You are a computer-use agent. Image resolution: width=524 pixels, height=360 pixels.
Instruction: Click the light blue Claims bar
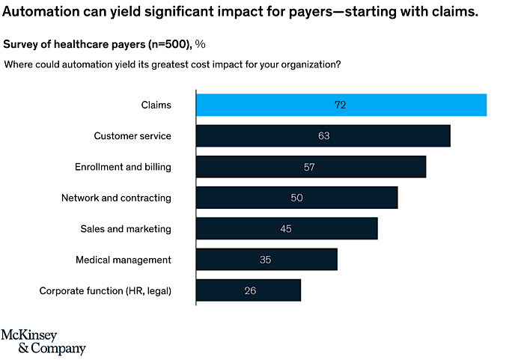(341, 105)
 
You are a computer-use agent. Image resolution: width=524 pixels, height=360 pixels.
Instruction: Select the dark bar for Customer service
(323, 136)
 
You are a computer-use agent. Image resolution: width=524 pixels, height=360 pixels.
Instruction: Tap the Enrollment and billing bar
(311, 167)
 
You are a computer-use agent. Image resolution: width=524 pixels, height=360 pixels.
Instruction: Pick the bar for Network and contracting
(296, 198)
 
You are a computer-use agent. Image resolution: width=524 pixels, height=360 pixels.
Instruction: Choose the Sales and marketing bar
(287, 228)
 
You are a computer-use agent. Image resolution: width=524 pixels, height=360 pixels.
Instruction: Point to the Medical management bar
(266, 260)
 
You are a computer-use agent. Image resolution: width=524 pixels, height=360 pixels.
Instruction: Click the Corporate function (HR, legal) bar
(249, 290)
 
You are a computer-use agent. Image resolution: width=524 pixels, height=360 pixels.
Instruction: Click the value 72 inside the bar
(341, 105)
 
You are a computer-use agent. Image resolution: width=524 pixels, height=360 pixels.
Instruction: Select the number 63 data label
(323, 136)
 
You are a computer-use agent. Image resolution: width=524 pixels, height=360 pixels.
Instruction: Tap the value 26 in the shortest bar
(250, 290)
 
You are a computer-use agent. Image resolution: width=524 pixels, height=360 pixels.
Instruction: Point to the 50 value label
(296, 198)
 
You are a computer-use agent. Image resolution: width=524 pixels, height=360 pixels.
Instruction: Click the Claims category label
(156, 105)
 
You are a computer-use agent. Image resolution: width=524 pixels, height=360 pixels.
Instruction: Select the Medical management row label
(124, 260)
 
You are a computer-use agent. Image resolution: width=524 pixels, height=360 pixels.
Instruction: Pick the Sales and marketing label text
(126, 228)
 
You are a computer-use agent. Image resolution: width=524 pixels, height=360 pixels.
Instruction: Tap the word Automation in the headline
(45, 13)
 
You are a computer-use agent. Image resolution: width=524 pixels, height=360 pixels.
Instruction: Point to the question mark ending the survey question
(338, 64)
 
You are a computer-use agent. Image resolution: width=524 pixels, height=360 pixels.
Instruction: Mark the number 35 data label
(266, 260)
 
